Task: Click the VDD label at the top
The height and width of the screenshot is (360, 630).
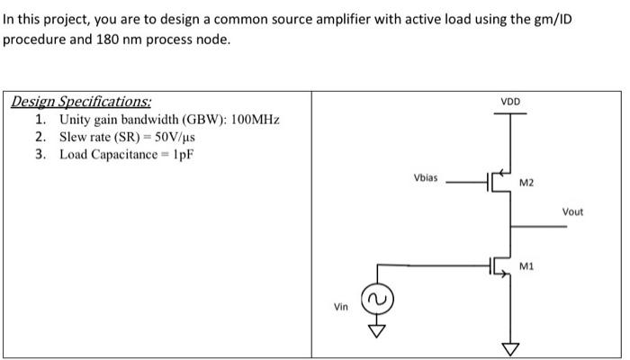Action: pos(510,102)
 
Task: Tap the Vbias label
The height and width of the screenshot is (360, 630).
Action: pos(426,177)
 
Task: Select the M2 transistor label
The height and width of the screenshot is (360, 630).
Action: pos(526,184)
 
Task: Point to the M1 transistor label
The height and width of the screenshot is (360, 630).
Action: pos(526,265)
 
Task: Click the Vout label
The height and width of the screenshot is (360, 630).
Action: pos(572,211)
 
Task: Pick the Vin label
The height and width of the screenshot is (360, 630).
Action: pos(341,307)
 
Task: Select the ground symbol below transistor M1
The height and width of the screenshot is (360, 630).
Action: pos(511,347)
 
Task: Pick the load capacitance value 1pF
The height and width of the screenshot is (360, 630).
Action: pos(181,154)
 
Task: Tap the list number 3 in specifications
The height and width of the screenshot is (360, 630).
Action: pos(40,154)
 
